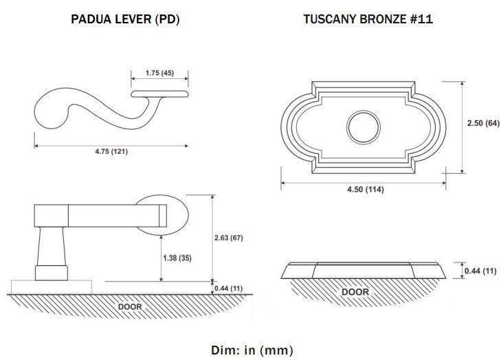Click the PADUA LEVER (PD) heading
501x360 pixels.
(x=125, y=19)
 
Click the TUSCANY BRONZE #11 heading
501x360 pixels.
(x=368, y=19)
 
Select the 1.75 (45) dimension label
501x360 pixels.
(x=159, y=73)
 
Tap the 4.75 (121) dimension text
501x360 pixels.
(x=111, y=151)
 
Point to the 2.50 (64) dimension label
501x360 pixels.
(x=483, y=123)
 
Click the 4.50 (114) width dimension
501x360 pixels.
(x=365, y=190)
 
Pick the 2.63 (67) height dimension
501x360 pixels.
(x=228, y=238)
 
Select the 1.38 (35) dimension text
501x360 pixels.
(x=177, y=258)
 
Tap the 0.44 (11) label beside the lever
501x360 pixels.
(x=228, y=289)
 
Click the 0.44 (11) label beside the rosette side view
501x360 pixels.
(x=480, y=271)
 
